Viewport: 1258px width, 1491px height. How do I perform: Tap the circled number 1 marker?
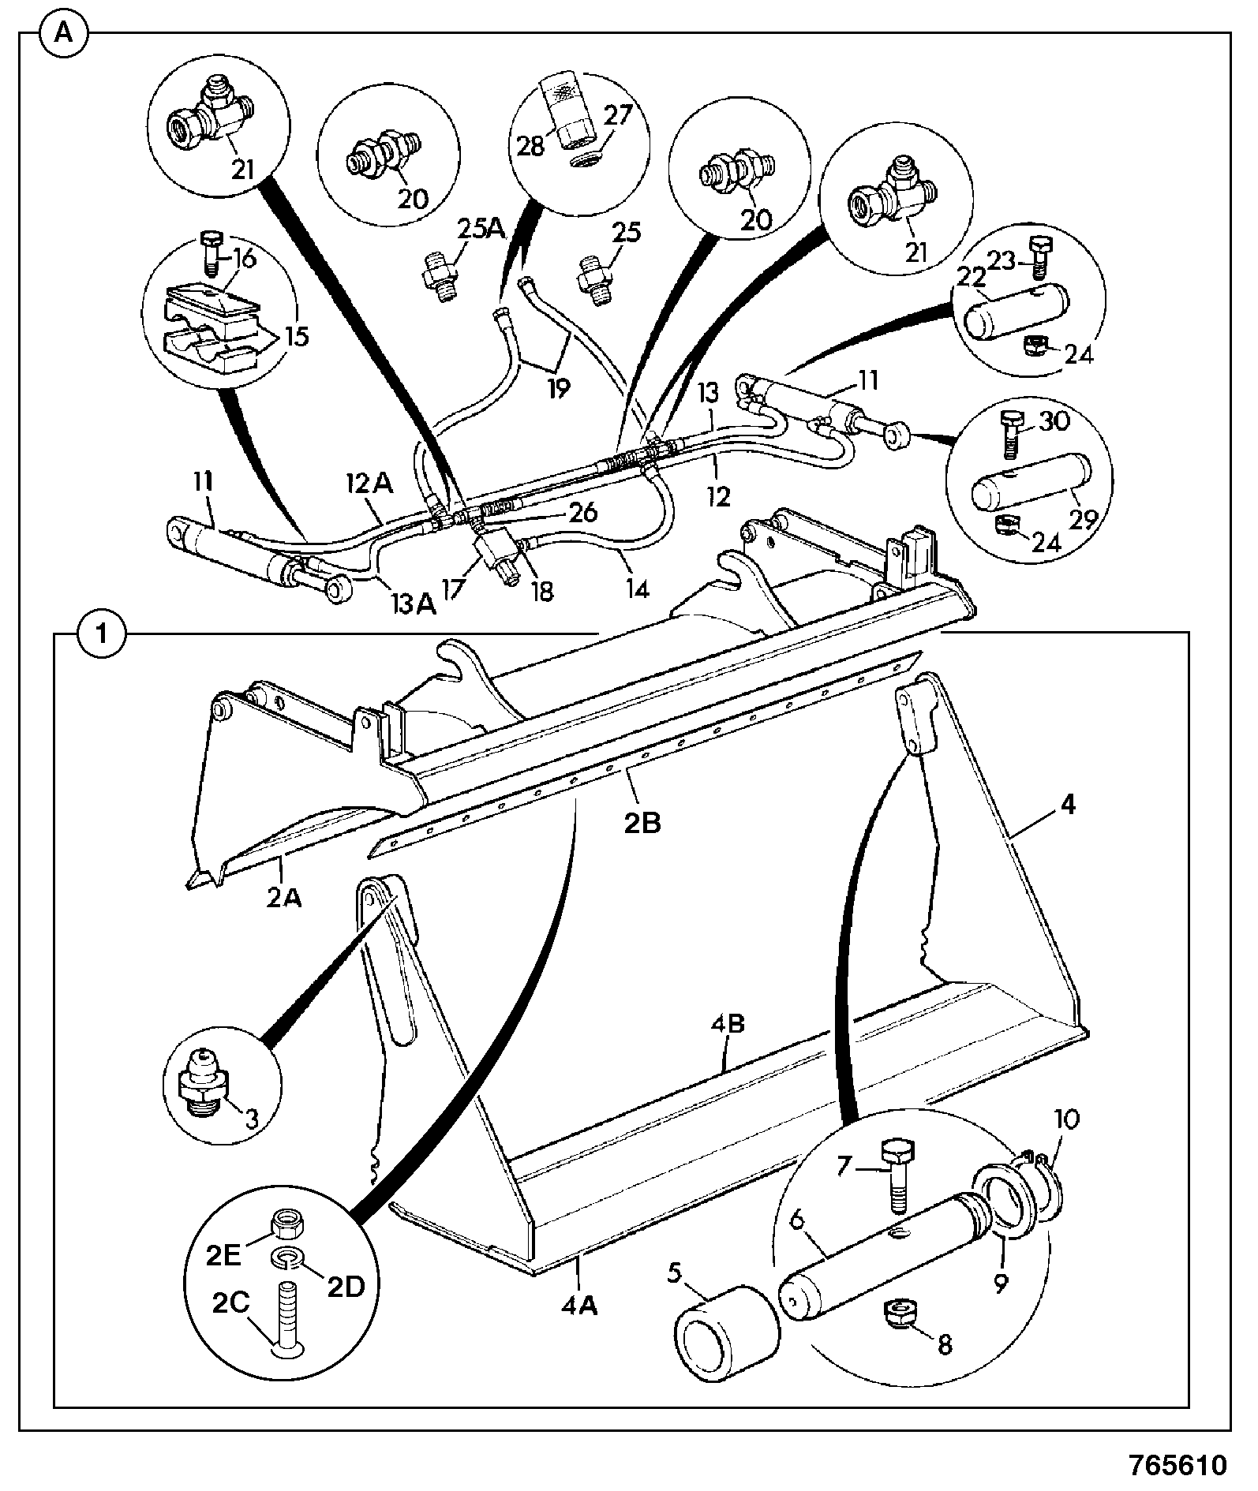[x=100, y=633]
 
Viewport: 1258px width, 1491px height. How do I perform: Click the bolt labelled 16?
[x=213, y=252]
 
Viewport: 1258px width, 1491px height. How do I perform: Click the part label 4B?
[x=727, y=1025]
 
